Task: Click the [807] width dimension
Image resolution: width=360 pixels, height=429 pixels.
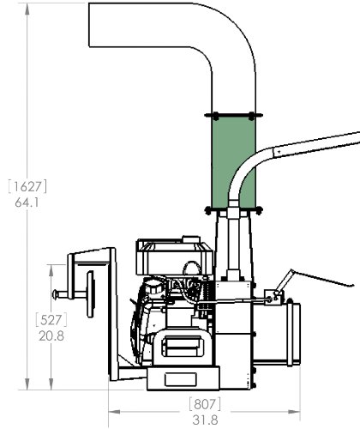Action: tap(204, 402)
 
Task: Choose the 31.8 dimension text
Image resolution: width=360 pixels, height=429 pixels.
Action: tap(204, 419)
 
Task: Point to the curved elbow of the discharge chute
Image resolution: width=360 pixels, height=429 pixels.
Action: tap(227, 34)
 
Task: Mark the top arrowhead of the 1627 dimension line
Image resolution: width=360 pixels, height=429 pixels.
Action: tap(32, 7)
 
